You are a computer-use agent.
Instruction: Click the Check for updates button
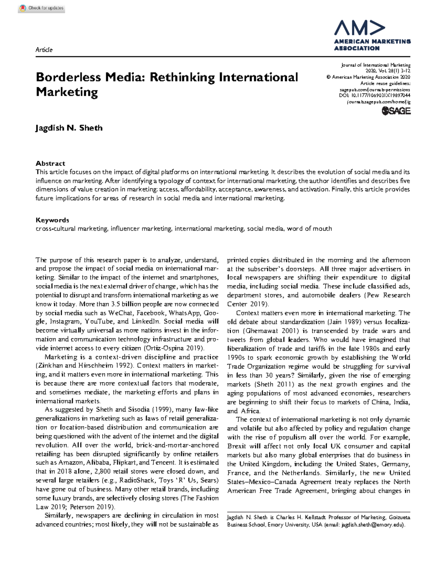point(42,8)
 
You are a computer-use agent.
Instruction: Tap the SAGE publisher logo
point(396,111)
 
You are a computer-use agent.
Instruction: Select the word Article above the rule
point(44,50)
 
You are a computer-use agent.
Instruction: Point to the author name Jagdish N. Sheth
point(69,128)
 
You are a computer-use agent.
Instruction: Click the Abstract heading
point(50,163)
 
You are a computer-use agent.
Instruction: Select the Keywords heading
point(52,220)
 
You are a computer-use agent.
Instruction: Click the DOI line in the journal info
point(374,96)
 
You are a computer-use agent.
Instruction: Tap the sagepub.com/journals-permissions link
point(375,90)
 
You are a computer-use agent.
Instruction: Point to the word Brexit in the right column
point(237,446)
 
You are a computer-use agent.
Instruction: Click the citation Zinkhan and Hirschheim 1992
point(84,366)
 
